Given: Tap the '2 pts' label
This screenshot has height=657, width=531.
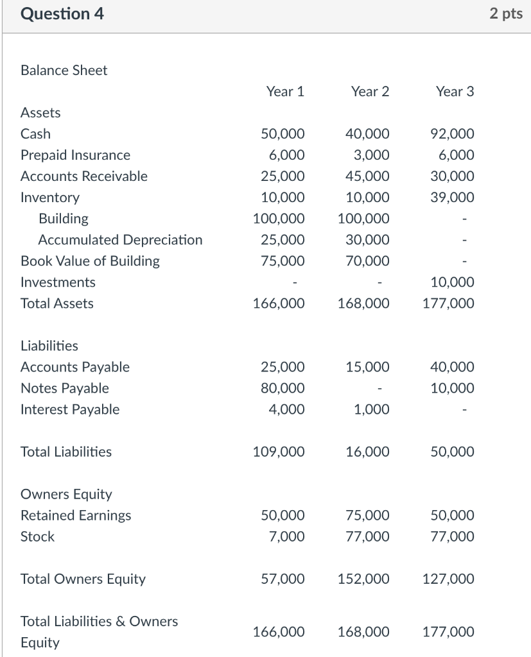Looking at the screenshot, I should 506,14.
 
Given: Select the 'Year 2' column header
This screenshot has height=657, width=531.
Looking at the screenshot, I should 370,92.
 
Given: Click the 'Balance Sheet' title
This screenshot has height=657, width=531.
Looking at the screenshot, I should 64,71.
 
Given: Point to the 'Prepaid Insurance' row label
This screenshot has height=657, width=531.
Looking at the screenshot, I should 75,155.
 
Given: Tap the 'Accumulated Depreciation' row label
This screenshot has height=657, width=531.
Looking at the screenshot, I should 120,240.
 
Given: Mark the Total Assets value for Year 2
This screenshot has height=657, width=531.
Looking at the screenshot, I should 363,303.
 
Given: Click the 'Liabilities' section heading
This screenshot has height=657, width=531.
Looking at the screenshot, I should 49,346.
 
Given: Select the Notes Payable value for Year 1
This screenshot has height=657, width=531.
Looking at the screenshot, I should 283,388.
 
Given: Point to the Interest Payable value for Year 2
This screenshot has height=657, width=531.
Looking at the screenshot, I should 371,409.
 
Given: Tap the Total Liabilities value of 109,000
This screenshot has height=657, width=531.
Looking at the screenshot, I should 279,452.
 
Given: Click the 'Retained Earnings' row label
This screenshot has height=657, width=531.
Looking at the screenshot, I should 76,515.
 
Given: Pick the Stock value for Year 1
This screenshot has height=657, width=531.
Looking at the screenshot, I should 286,536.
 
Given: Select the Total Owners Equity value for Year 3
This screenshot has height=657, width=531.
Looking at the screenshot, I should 448,579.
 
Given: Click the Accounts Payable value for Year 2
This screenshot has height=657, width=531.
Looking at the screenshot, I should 367,367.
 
